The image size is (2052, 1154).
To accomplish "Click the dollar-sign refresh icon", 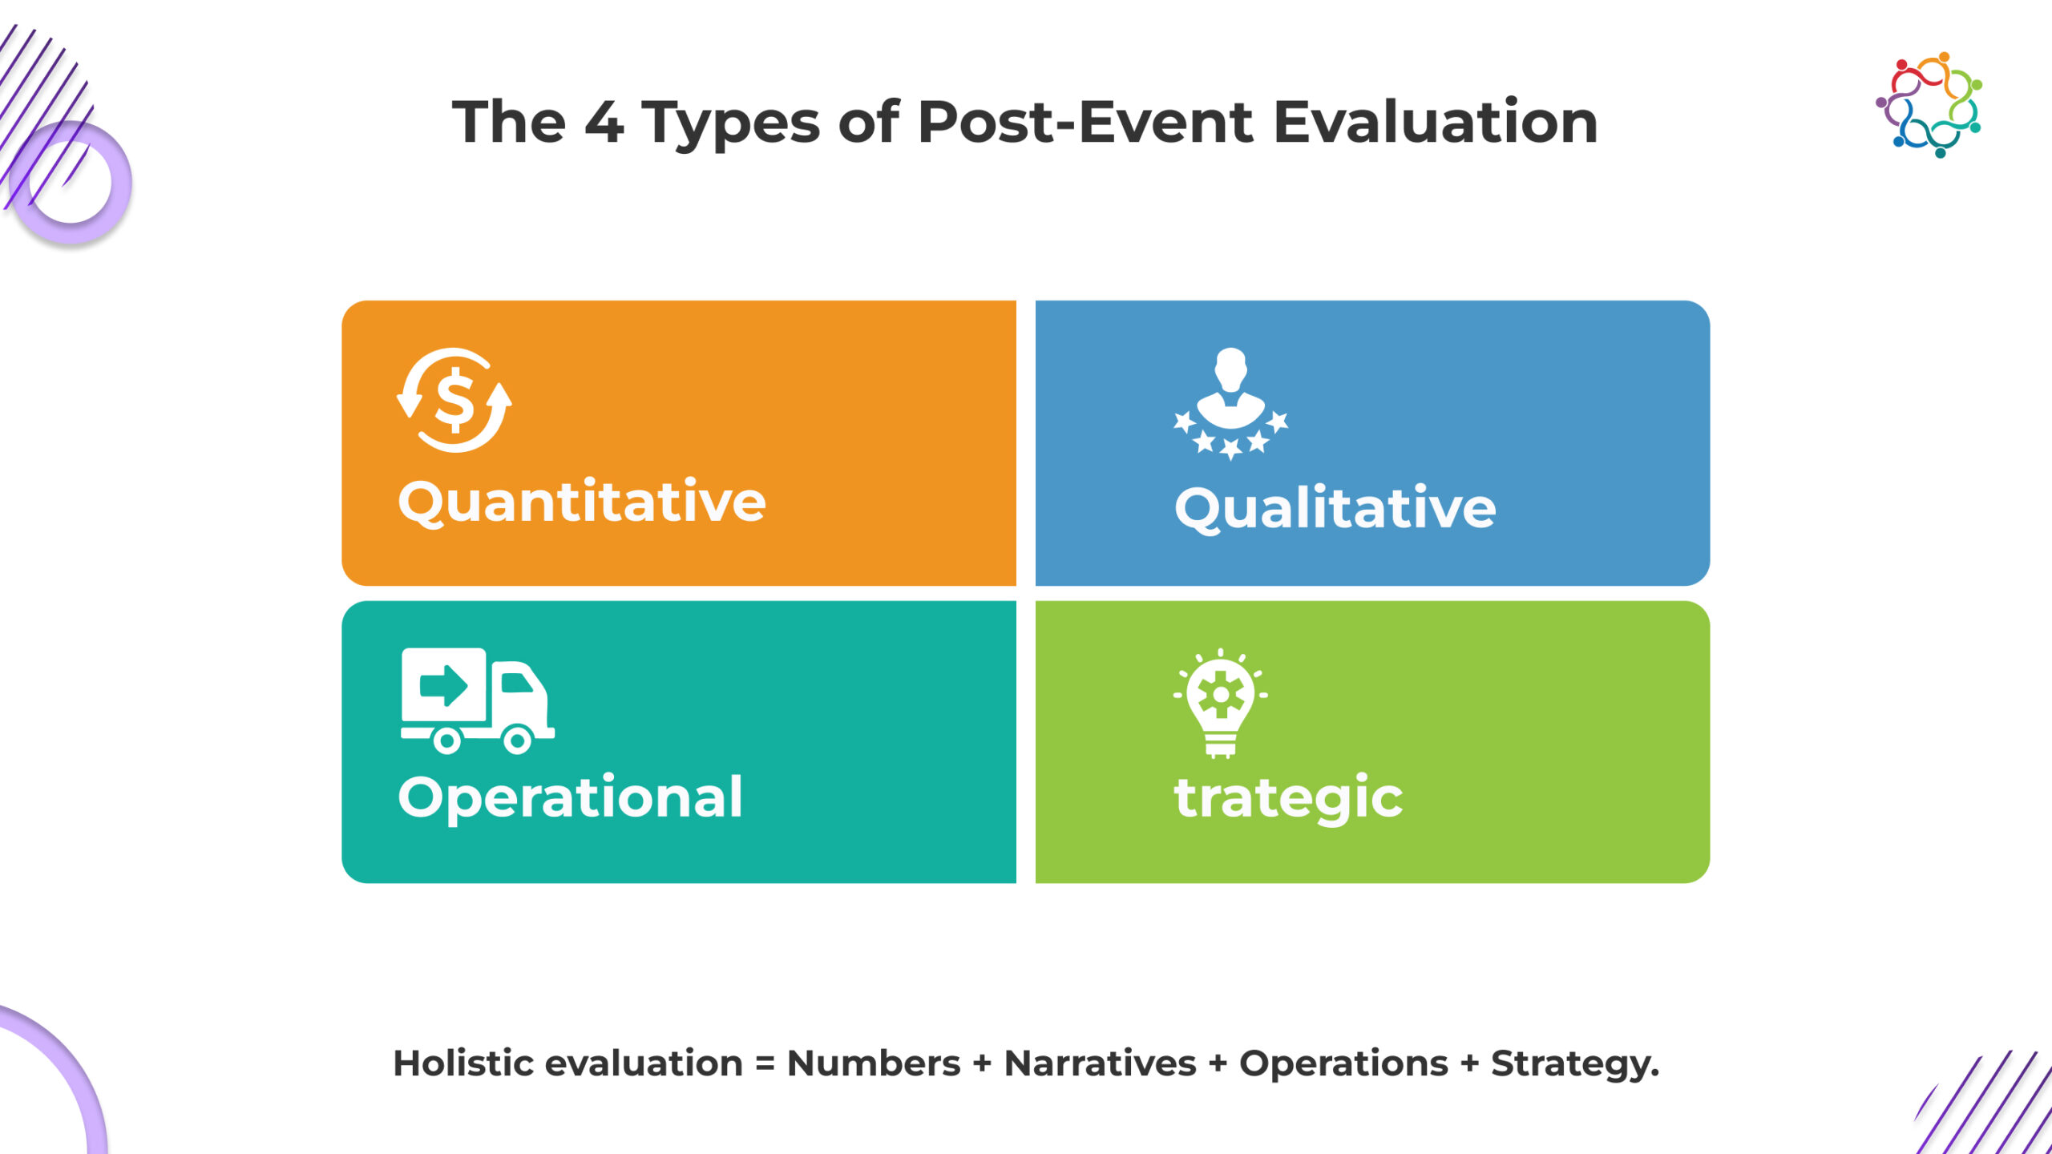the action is (454, 400).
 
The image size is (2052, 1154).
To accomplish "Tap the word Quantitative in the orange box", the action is (582, 502).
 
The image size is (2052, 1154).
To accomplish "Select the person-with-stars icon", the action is (1230, 404).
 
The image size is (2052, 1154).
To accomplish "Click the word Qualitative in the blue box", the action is (1335, 508).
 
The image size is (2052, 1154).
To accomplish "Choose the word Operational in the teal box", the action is (570, 798).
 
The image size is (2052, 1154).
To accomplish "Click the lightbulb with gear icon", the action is (1221, 703).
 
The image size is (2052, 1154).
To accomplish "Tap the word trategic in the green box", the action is (1288, 798).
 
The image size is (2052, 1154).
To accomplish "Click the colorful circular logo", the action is (1929, 105).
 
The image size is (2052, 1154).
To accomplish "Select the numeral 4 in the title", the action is (604, 123).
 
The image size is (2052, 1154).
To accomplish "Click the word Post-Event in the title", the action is (1085, 122).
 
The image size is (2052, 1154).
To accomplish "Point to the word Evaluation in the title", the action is (1436, 122).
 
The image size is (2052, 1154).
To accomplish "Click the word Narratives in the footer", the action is (1100, 1063).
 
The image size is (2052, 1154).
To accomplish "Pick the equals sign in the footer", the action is (765, 1064).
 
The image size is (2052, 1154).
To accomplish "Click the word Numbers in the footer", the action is (874, 1063).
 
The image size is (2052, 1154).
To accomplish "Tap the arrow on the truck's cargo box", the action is (443, 686).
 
